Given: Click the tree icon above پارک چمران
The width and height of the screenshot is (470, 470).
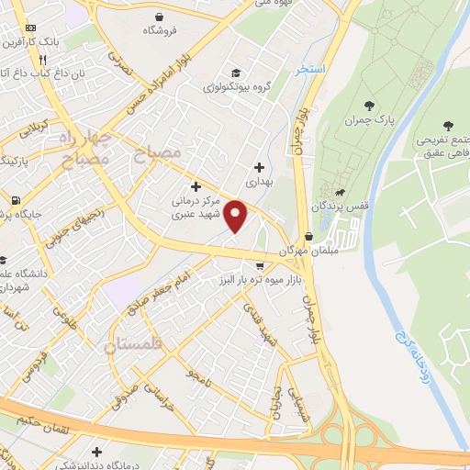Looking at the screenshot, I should coord(370,106).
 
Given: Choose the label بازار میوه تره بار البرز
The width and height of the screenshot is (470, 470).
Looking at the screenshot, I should coord(260,278).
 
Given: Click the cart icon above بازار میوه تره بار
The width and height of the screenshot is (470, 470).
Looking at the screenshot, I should coord(260,264).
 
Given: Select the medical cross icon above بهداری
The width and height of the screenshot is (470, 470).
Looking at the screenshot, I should coord(260,167).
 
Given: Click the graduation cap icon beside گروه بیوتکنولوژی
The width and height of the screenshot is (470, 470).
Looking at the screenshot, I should coord(236,73).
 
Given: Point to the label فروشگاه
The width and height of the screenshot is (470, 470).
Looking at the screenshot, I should coord(160,30).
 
